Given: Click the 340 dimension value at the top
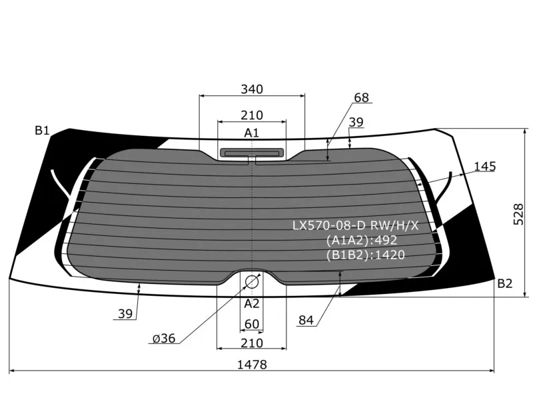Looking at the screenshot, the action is click(x=252, y=89).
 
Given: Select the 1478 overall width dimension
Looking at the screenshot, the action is click(x=252, y=365).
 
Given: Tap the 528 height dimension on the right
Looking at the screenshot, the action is click(x=518, y=214).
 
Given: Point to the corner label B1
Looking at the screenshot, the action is click(x=42, y=130).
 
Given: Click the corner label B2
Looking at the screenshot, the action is click(x=505, y=283).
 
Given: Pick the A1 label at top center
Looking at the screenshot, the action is click(x=252, y=133).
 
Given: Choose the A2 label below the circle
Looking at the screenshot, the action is click(x=252, y=303).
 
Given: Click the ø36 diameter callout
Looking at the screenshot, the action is click(x=164, y=339).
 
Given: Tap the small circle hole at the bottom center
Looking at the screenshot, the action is click(x=252, y=281).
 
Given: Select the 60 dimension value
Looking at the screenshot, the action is click(x=252, y=324).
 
